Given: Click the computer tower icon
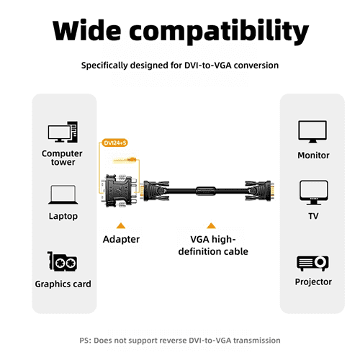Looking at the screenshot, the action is (63, 132).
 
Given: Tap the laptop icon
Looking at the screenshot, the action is (63, 194).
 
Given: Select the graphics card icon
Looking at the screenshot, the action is (63, 261).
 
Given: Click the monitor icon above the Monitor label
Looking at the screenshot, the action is (312, 132).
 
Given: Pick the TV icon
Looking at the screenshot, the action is (314, 193).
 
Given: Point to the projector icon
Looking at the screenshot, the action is (312, 264).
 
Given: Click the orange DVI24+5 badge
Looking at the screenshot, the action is (115, 143).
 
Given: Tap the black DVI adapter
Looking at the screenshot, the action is (120, 191).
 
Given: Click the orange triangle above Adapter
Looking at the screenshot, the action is (121, 225).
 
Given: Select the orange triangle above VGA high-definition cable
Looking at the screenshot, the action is (211, 225).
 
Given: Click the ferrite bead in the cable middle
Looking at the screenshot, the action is (206, 191).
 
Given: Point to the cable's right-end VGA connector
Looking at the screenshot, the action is (260, 191).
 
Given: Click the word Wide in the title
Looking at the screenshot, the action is (86, 30).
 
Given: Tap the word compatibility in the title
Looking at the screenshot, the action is (219, 32).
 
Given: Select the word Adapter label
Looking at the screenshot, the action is (121, 239).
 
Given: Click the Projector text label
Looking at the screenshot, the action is (313, 282).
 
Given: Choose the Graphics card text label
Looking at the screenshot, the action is (63, 284).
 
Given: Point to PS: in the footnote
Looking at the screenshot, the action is (85, 341).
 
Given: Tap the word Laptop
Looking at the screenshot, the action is (63, 216).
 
